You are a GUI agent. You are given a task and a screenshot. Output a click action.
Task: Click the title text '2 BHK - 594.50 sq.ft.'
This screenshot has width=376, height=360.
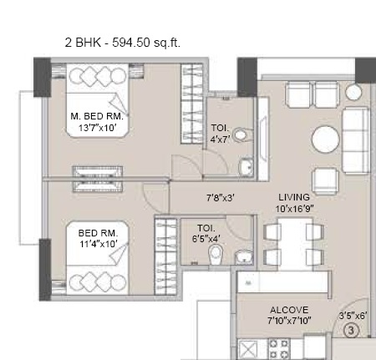coord(122,40)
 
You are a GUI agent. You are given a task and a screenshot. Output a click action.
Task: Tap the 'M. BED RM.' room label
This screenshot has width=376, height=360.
coord(97,117)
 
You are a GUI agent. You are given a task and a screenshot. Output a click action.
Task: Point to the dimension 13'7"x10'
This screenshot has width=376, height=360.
coord(97,129)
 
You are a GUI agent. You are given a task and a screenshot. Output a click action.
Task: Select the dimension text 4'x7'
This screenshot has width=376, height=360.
coord(220,139)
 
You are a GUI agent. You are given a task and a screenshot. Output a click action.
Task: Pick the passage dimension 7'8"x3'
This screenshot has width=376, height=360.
coord(221,198)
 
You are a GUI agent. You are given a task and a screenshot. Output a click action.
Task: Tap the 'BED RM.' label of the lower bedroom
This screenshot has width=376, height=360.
coord(87,232)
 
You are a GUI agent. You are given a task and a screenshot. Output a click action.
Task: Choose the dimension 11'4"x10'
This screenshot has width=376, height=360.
coord(87,244)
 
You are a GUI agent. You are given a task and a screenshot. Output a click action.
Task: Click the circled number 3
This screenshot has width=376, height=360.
coord(352,330)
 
